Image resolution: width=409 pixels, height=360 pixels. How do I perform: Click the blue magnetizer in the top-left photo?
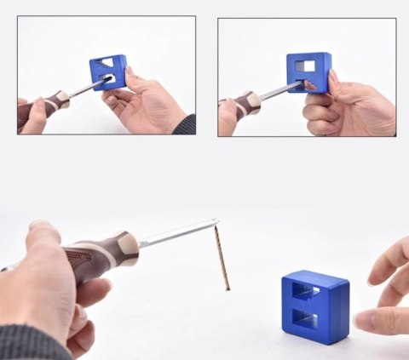pyautogui.click(x=108, y=71)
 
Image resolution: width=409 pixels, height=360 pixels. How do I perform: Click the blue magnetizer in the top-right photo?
pyautogui.click(x=308, y=71)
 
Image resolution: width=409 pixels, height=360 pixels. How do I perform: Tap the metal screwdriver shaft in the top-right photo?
pyautogui.click(x=281, y=90)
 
